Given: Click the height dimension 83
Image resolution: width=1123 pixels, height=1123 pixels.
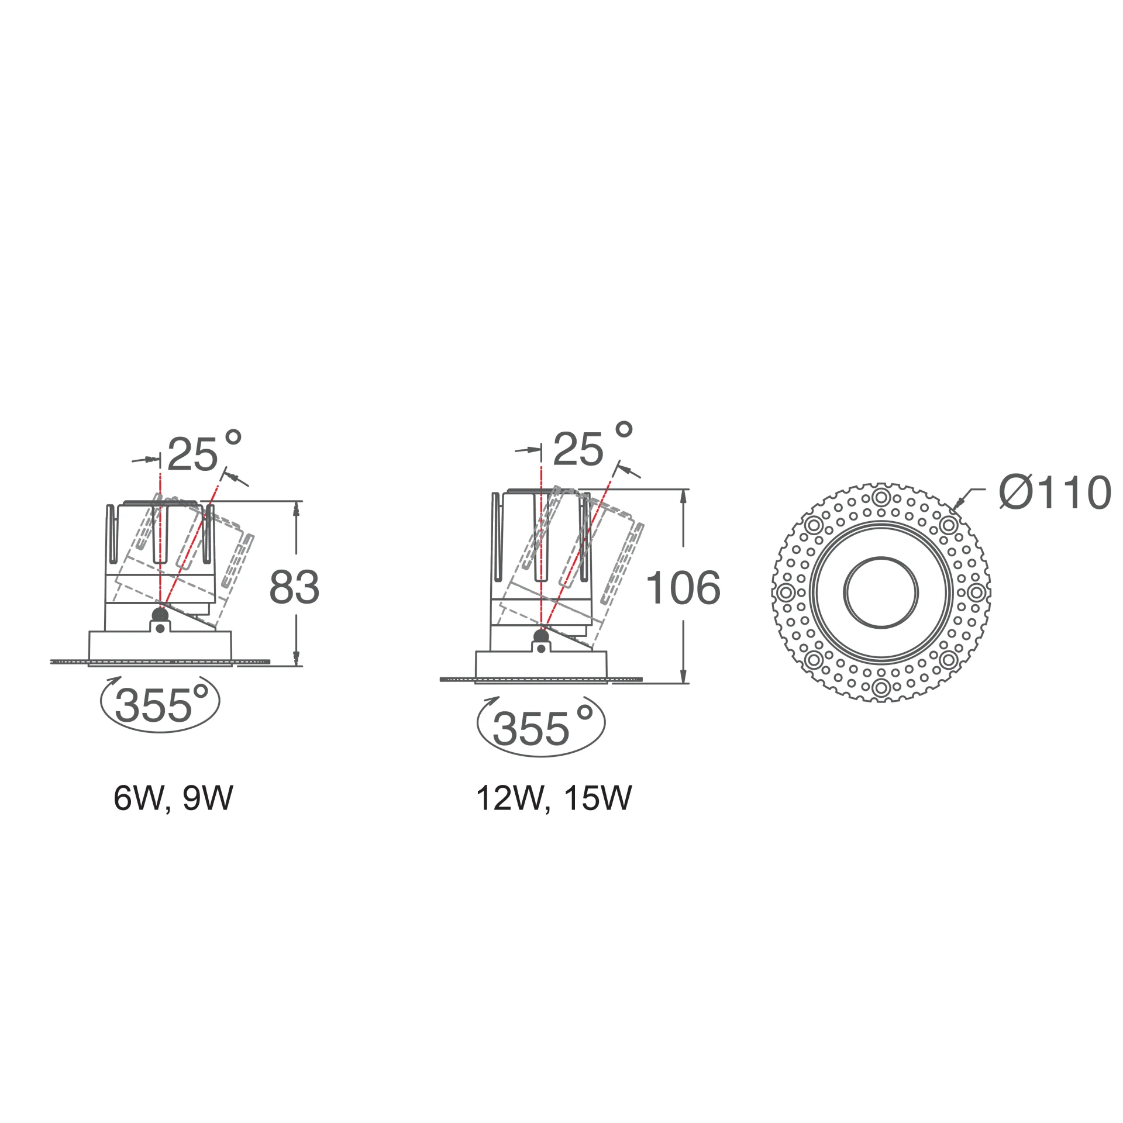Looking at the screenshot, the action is (294, 587).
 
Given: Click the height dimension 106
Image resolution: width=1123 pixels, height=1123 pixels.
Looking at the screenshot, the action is (683, 587).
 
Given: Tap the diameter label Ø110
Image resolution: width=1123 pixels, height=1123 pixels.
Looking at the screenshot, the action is (1055, 492).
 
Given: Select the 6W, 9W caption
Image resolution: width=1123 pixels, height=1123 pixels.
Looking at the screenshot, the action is (173, 798).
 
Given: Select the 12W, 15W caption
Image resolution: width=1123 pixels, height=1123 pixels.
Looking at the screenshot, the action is (554, 798).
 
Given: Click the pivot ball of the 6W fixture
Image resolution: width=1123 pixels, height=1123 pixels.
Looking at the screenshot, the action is (159, 614).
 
